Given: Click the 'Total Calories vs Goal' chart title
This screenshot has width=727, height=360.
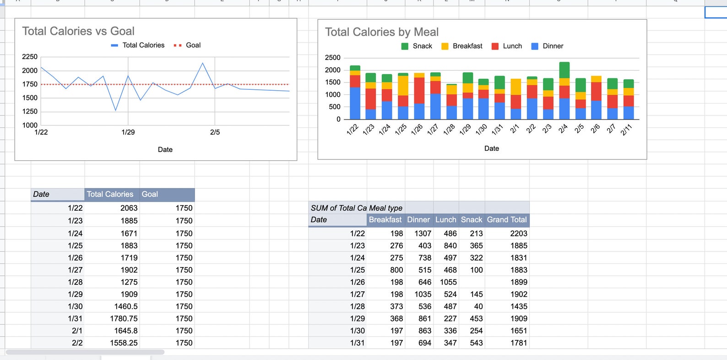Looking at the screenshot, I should (78, 31).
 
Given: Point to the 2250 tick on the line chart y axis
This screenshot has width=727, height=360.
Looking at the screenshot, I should (30, 57).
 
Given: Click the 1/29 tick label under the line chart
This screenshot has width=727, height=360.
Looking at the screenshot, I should (128, 132).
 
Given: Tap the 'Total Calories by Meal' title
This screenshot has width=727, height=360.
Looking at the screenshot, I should (382, 32).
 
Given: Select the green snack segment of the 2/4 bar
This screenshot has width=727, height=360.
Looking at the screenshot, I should (564, 70).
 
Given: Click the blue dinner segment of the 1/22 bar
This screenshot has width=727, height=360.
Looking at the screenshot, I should (355, 104).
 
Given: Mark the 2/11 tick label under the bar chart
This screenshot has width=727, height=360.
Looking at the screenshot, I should (626, 130).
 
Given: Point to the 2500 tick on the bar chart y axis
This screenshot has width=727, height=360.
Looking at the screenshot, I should (333, 58).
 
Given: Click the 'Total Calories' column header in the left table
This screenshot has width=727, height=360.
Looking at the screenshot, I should (110, 194).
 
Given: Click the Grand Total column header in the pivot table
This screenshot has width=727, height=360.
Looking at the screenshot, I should (506, 220).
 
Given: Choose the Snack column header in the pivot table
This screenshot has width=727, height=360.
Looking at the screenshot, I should (471, 220).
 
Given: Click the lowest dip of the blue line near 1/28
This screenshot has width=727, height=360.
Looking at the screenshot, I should (116, 110).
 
